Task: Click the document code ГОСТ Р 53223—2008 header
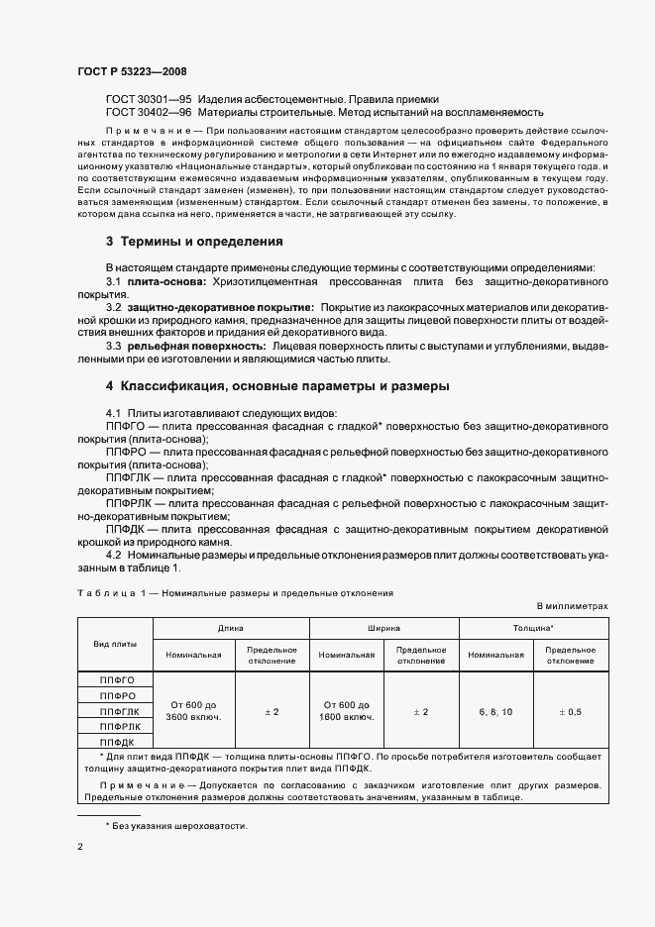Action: pyautogui.click(x=131, y=71)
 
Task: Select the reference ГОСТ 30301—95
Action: pyautogui.click(x=149, y=101)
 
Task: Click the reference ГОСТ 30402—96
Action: pyautogui.click(x=149, y=115)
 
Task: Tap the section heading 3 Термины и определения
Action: pyautogui.click(x=194, y=241)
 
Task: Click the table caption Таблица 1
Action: pyautogui.click(x=108, y=593)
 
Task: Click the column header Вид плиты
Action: pyautogui.click(x=115, y=644)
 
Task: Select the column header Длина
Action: pyautogui.click(x=231, y=628)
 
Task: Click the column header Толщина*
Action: pyautogui.click(x=538, y=628)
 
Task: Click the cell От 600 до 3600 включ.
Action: pyautogui.click(x=193, y=710)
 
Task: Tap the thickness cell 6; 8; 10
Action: pyautogui.click(x=495, y=711)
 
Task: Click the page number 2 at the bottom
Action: pyautogui.click(x=80, y=848)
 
